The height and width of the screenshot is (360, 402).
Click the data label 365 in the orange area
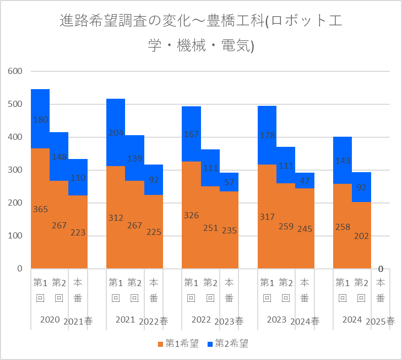41,209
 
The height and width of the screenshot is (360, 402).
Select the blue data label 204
116,133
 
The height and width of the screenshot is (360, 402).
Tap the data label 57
229,182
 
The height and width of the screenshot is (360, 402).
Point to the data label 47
305,181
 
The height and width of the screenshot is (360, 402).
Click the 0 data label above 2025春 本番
381,269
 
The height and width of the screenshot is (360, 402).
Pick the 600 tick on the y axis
15,71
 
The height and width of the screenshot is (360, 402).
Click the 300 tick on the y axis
15,170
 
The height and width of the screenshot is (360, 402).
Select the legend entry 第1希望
178,343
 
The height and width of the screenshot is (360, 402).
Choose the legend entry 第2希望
228,343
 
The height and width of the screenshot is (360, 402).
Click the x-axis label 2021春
78,322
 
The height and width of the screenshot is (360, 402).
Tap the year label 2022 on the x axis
201,319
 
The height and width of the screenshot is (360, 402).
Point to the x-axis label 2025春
380,322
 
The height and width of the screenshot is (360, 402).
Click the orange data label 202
361,236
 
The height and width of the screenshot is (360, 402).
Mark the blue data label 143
343,161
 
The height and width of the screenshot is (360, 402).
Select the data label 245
305,229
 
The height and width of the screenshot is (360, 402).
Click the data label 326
191,215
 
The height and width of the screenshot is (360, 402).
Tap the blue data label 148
59,157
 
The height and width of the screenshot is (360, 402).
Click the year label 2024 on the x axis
352,319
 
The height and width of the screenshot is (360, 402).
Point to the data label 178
267,135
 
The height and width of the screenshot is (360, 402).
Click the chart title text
201,33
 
